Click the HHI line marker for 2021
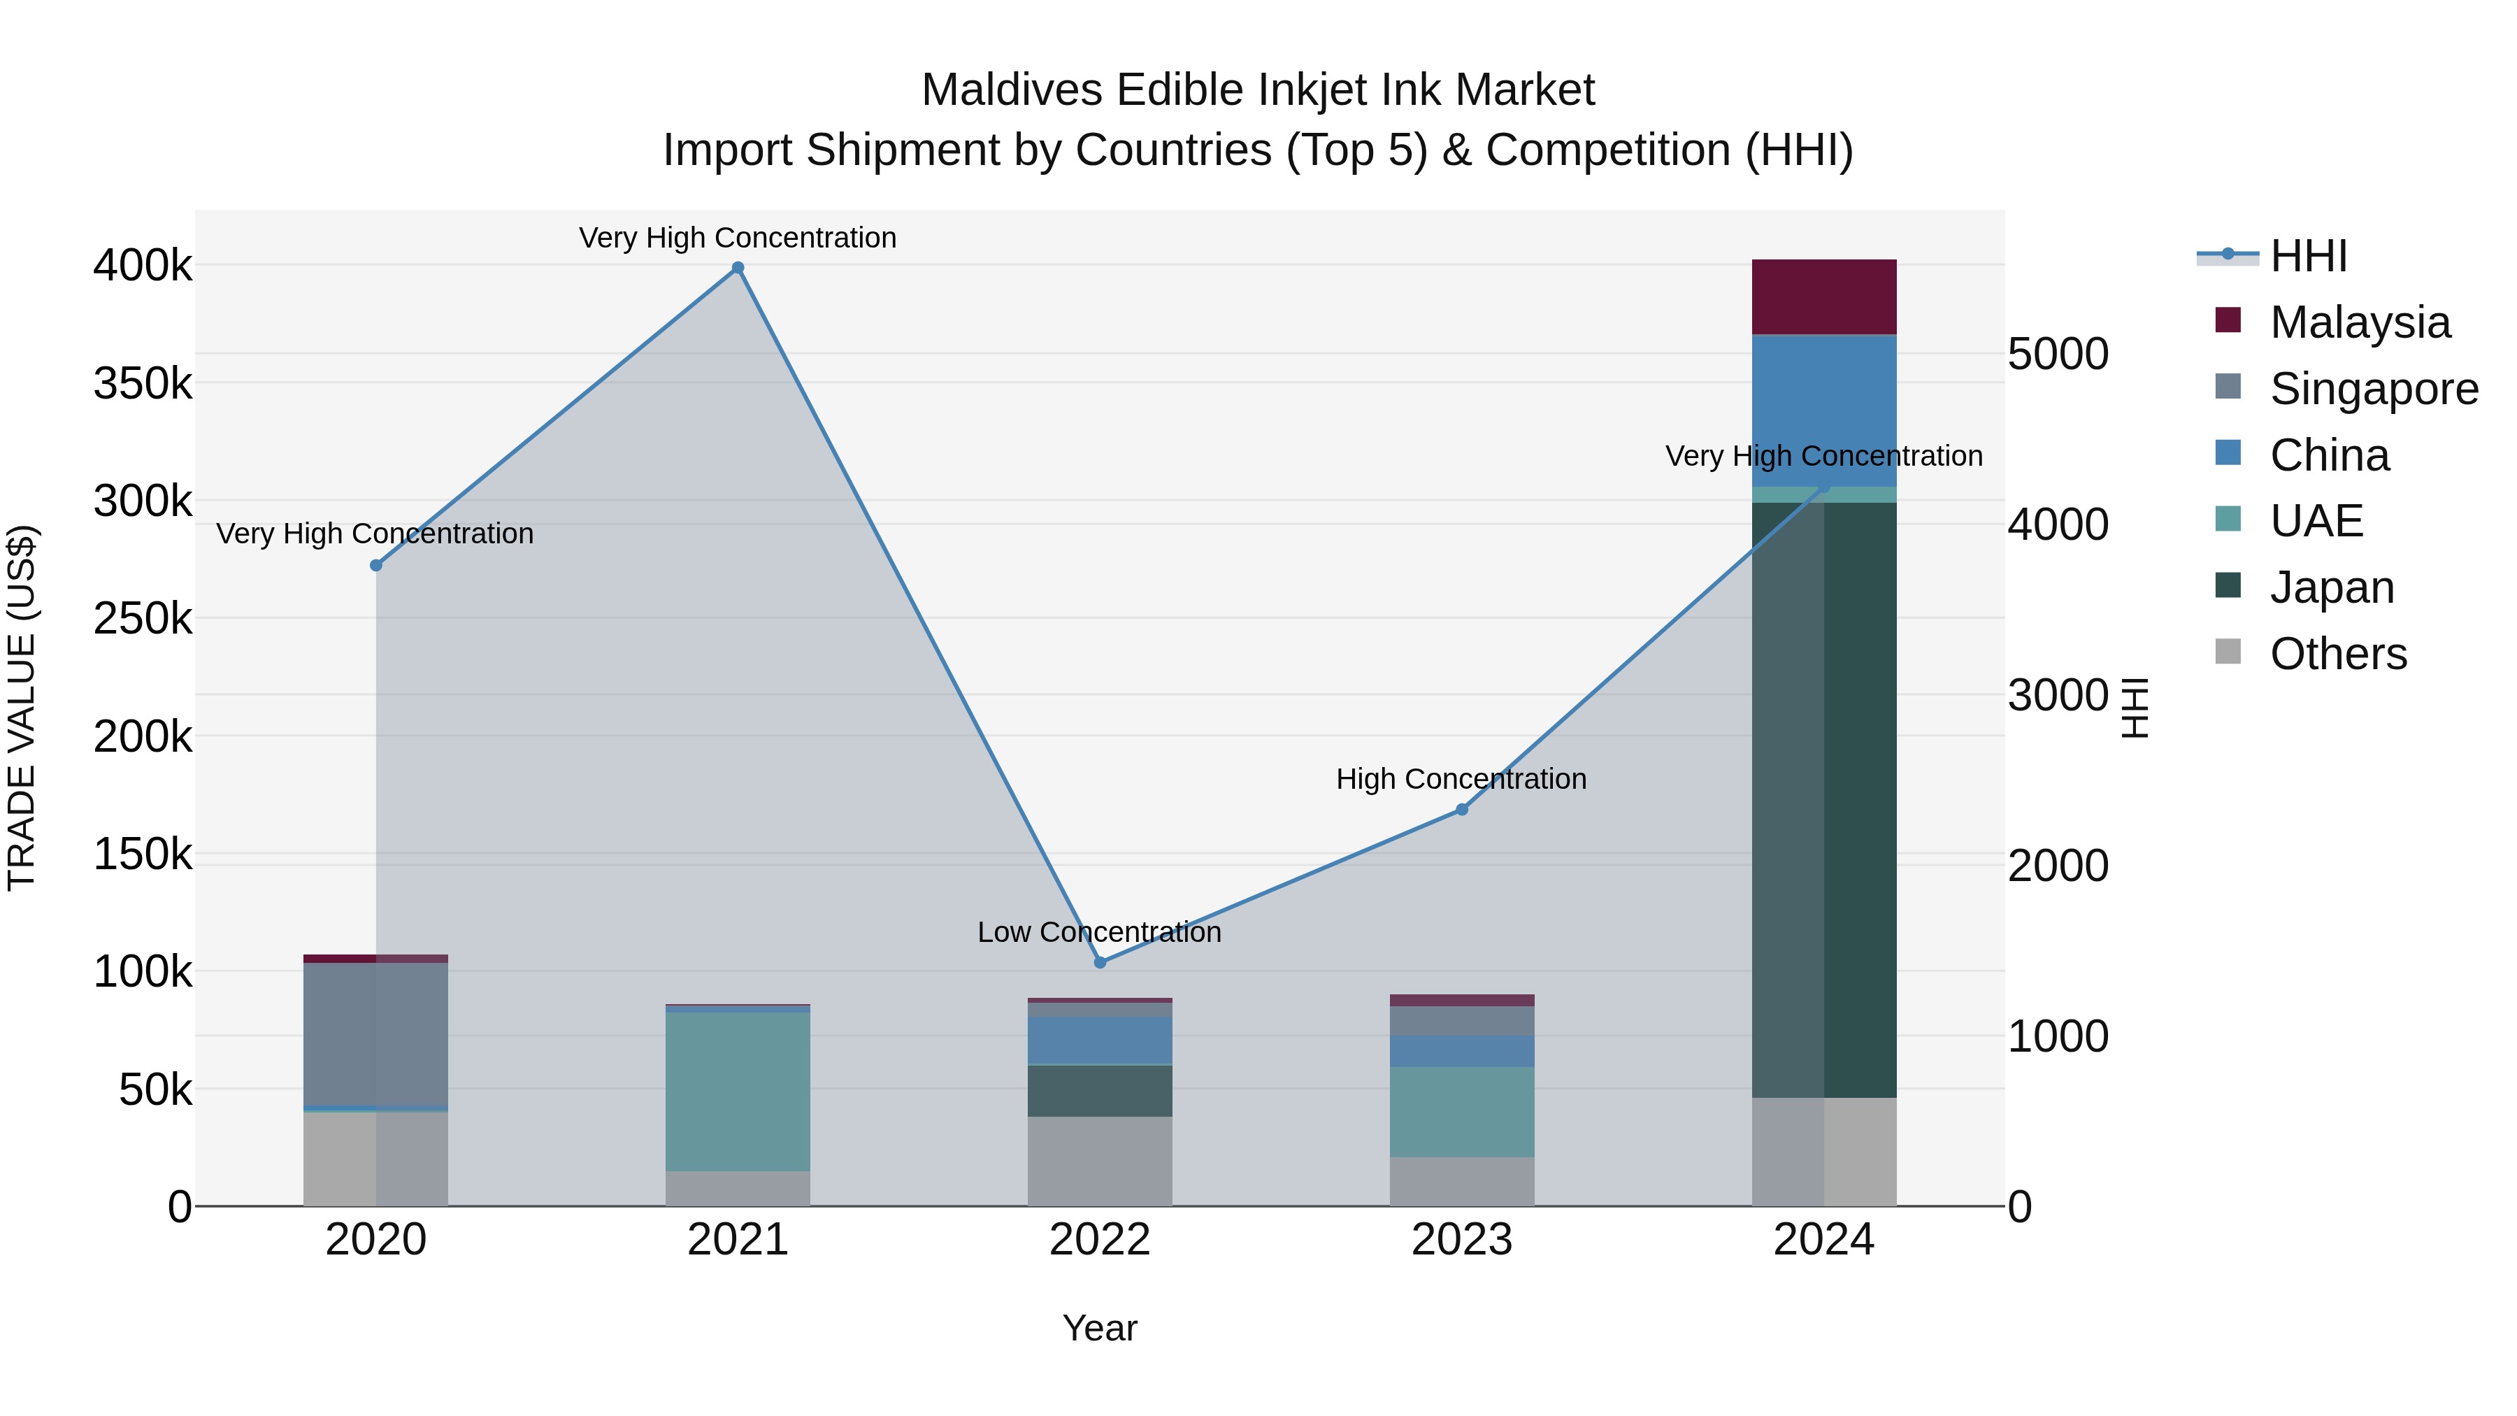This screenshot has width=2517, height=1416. tap(738, 268)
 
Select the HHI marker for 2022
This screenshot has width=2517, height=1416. tap(1100, 963)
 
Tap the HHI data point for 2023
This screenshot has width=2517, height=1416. tap(1462, 809)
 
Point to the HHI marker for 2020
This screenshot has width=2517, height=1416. tap(376, 565)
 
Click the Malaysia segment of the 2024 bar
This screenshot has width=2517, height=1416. tap(1823, 297)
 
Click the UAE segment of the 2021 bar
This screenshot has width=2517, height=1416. tap(738, 1091)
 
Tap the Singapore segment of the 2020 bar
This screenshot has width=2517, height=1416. tap(376, 1034)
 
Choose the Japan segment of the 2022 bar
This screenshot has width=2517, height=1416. tap(1100, 1091)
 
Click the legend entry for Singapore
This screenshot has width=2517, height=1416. tap(2374, 389)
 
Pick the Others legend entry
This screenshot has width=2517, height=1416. tap(2337, 654)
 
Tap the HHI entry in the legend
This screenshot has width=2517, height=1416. tap(2308, 256)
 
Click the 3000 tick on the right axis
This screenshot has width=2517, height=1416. tap(2058, 695)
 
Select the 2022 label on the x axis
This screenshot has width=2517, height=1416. tap(1100, 1240)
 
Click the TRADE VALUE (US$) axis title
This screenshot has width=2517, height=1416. tap(22, 708)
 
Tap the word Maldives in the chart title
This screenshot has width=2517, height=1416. tap(1012, 90)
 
